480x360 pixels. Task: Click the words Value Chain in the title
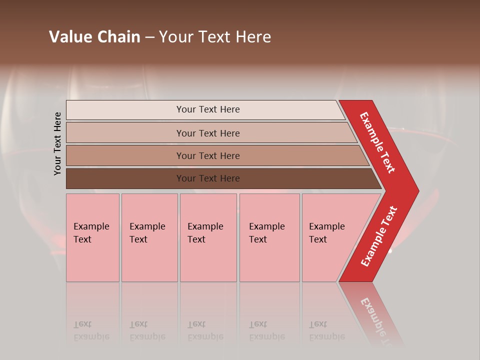click(94, 37)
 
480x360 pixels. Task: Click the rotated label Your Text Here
click(57, 143)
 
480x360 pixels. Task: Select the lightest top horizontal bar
click(125, 110)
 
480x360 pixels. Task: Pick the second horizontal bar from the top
click(125, 133)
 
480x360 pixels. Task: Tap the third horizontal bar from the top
click(125, 155)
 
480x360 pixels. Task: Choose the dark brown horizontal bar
click(125, 178)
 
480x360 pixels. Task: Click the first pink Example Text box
click(92, 237)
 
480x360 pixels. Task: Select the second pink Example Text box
click(149, 237)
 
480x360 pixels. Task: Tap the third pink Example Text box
click(208, 237)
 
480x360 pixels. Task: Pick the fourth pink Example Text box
click(269, 237)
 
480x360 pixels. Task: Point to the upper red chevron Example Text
click(378, 142)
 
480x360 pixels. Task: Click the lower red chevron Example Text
click(379, 236)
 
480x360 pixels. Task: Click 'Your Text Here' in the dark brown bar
click(208, 178)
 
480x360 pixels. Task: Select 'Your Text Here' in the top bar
click(208, 109)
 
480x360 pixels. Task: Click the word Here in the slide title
click(253, 37)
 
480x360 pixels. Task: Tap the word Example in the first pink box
click(91, 226)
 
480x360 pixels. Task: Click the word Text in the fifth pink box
click(318, 239)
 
